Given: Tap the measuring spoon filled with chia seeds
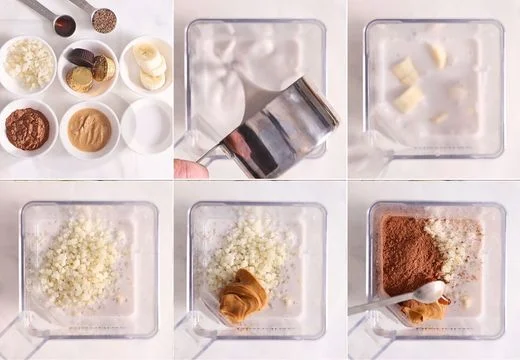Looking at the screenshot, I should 103,20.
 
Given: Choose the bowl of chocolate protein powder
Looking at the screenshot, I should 27,128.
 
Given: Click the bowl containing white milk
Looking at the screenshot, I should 147,126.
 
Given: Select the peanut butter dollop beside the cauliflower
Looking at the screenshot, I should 242,297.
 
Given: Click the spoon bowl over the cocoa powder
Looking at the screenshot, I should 430,291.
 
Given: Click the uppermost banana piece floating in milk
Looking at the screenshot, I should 437,54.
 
